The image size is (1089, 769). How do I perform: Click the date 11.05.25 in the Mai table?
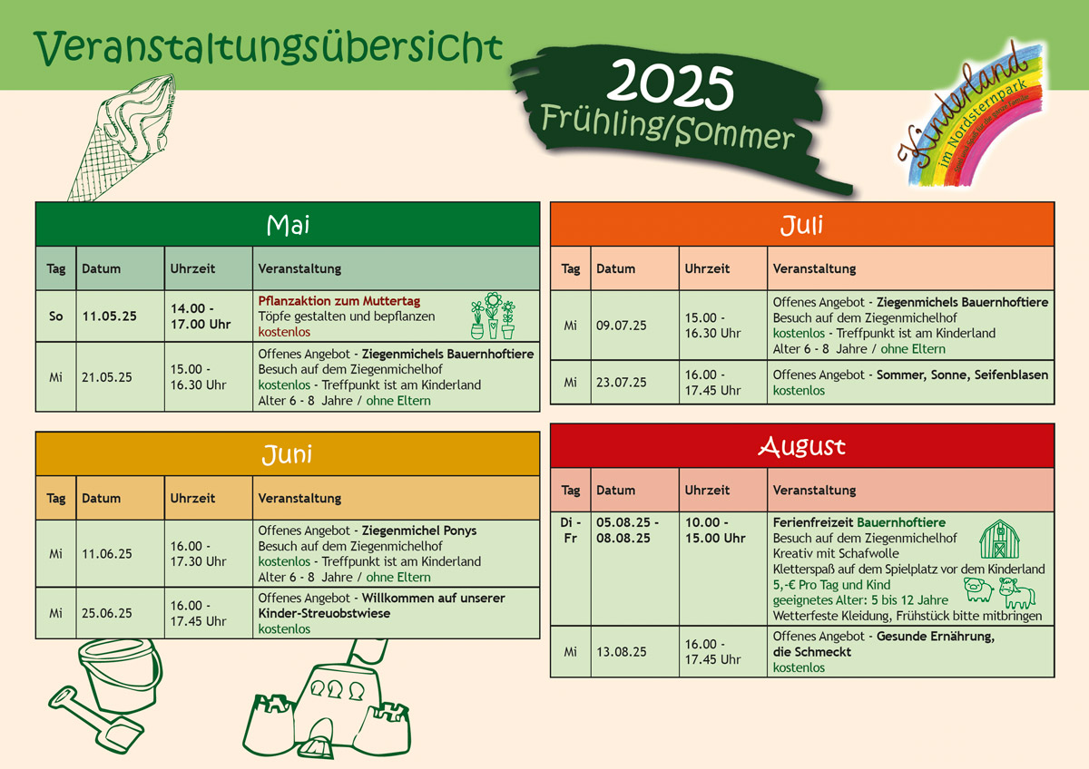point(110,316)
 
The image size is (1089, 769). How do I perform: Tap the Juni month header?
point(288,453)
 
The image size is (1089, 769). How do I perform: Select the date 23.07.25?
point(622,383)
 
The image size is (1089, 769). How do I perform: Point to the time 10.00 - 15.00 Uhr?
point(715,530)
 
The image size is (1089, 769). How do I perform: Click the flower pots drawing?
point(493,316)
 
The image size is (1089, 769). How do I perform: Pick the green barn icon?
point(999,540)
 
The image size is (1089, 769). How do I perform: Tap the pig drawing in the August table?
point(978,590)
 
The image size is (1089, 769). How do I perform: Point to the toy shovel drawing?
point(95,719)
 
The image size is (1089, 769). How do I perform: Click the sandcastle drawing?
point(327,699)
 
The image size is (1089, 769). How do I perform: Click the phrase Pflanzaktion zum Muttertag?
point(338,301)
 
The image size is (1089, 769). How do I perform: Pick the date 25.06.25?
point(106,613)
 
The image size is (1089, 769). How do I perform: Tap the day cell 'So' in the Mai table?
point(56,316)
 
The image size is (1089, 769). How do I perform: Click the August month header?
point(802,446)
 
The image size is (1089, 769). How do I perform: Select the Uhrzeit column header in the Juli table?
point(707,268)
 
